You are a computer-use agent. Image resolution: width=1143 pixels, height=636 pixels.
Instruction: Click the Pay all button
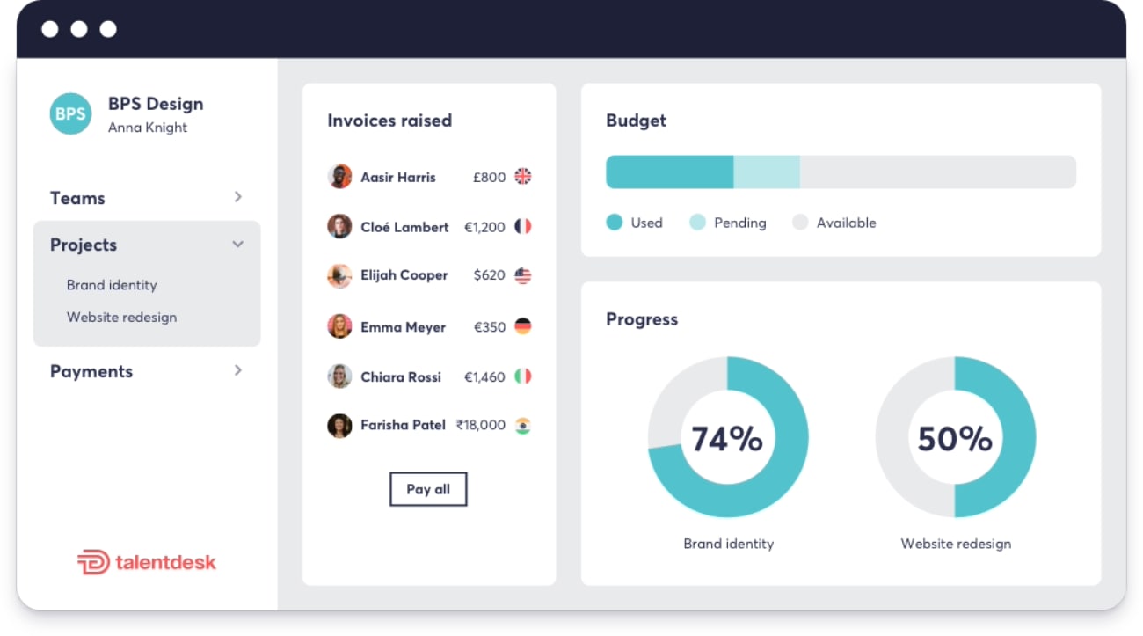tap(428, 489)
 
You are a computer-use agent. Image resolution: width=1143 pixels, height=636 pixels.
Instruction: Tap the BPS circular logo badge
tap(70, 113)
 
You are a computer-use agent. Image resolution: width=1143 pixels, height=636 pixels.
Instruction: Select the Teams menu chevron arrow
tap(237, 197)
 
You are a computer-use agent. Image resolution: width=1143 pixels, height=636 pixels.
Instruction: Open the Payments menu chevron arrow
tap(237, 370)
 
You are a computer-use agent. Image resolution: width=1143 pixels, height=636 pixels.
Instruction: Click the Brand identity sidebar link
tap(112, 285)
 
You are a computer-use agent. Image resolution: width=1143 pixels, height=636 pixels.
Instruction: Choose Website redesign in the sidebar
tap(122, 317)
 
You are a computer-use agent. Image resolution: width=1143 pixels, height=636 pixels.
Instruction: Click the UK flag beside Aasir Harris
tap(522, 177)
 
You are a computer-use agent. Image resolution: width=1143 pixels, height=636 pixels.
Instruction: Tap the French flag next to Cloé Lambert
tap(522, 226)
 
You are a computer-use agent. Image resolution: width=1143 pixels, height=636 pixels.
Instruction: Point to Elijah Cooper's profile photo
tap(339, 275)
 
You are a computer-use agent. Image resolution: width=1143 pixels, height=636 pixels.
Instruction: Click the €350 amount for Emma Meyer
tap(490, 326)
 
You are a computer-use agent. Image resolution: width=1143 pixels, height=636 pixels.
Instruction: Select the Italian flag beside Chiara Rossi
tap(522, 376)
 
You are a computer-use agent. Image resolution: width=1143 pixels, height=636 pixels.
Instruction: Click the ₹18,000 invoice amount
tap(480, 425)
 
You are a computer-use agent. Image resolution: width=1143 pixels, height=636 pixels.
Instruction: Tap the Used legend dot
tap(615, 222)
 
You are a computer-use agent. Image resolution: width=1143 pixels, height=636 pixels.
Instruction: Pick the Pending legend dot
tap(697, 222)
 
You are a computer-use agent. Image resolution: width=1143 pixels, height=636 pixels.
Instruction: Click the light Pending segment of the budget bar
tap(767, 172)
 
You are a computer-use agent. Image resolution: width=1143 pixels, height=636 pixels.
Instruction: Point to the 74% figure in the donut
tap(727, 439)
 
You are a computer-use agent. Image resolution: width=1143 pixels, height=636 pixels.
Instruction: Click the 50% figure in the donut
tap(955, 439)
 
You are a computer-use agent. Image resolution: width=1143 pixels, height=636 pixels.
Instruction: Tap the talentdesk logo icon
tap(93, 562)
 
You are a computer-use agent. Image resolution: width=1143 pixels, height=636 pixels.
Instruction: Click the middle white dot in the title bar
tap(79, 29)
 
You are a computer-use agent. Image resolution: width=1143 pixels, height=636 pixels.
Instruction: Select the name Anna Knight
tap(148, 128)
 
